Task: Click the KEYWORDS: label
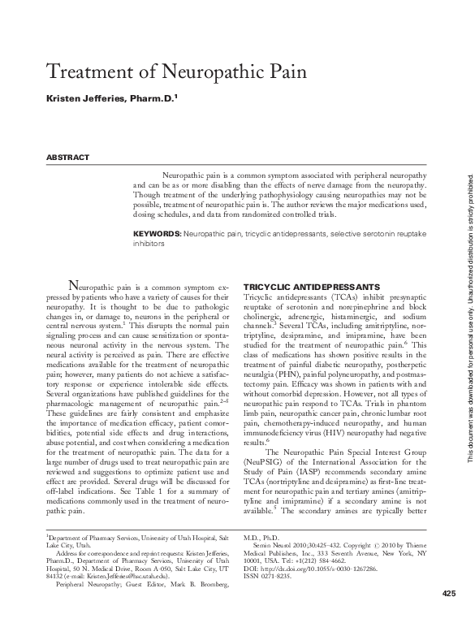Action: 158,233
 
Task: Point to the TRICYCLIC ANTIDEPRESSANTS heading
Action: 300,288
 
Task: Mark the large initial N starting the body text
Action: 75,285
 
